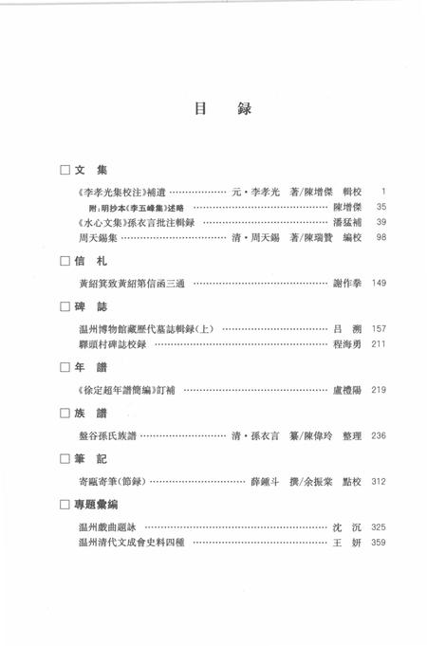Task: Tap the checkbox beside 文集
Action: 65,170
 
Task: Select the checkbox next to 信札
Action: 65,259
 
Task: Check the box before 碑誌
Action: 65,307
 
